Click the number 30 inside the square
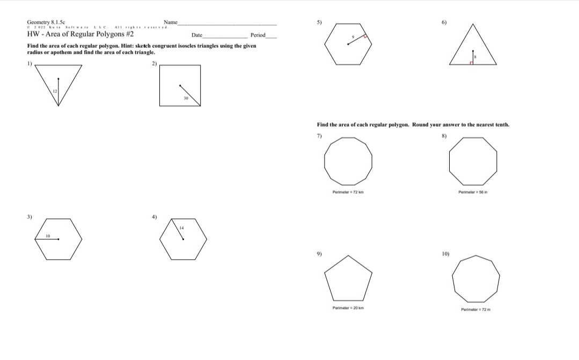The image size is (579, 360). click(186, 98)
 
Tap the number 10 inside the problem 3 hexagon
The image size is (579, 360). click(48, 236)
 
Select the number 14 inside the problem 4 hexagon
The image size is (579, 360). click(181, 229)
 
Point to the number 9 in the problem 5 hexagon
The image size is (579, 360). click(353, 37)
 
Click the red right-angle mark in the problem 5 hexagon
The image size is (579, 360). click(365, 36)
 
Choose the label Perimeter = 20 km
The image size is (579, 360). click(348, 307)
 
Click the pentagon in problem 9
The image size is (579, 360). click(348, 279)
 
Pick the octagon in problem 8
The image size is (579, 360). click(472, 161)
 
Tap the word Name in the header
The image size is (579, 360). click(170, 22)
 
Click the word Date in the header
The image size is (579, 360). click(197, 35)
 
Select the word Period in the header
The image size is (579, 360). click(258, 35)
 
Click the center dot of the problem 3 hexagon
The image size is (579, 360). click(58, 239)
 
